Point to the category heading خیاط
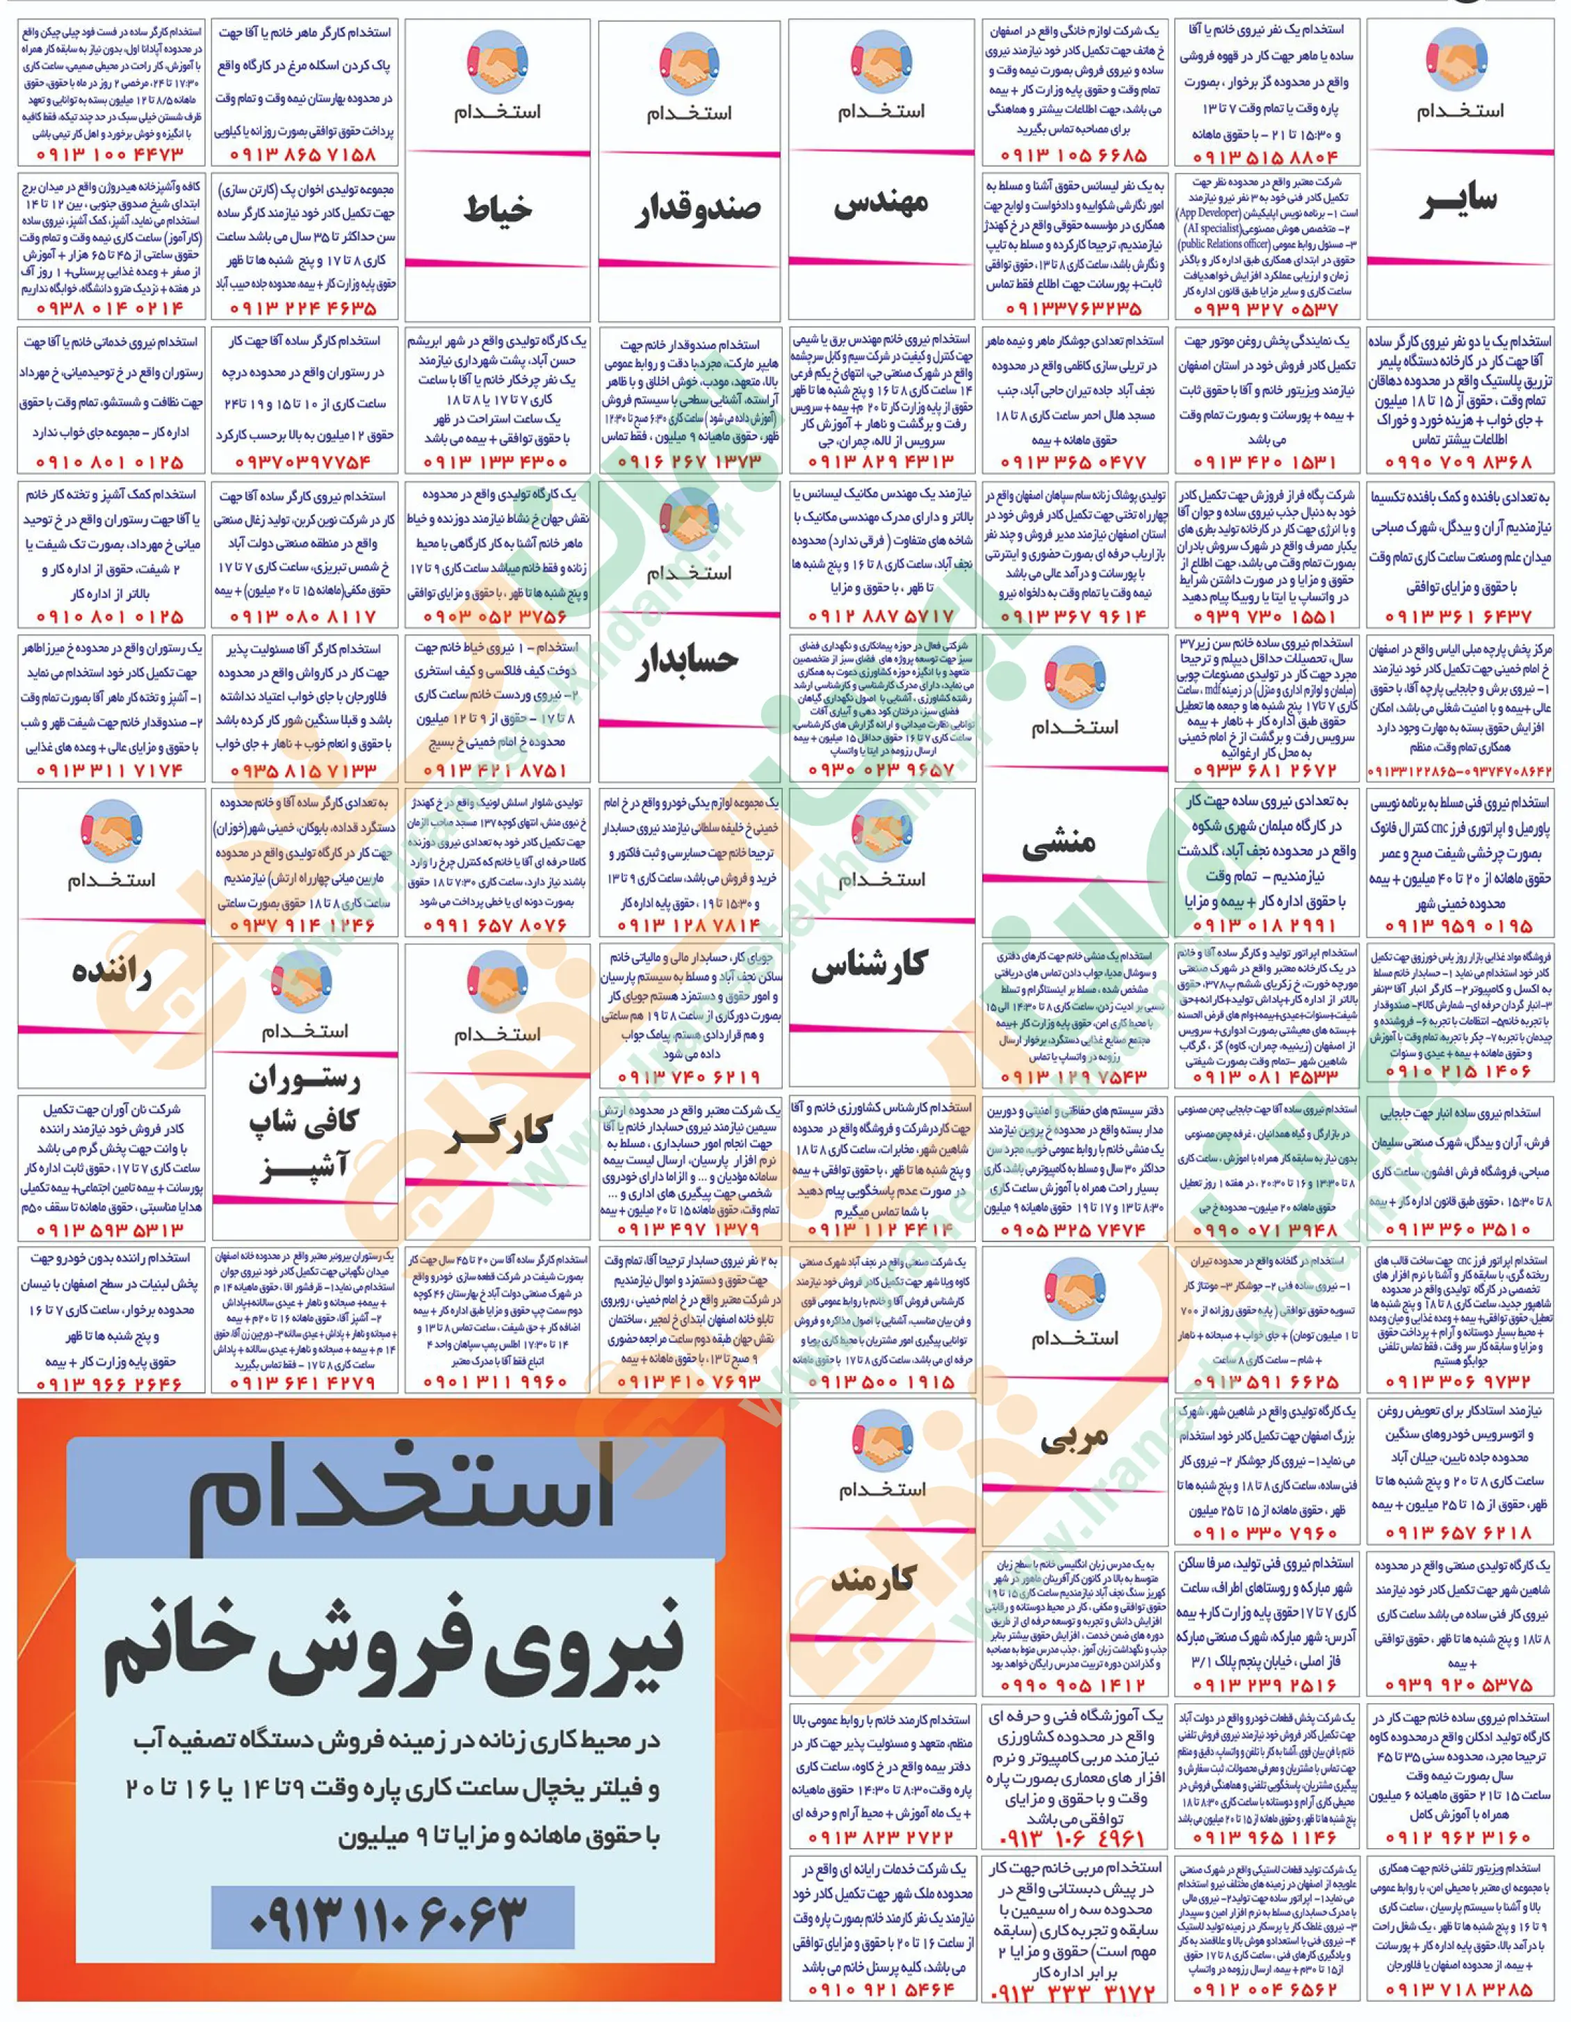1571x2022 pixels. (497, 209)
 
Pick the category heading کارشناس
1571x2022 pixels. (868, 966)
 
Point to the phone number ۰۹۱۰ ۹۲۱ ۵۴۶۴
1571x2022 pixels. (881, 1989)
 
